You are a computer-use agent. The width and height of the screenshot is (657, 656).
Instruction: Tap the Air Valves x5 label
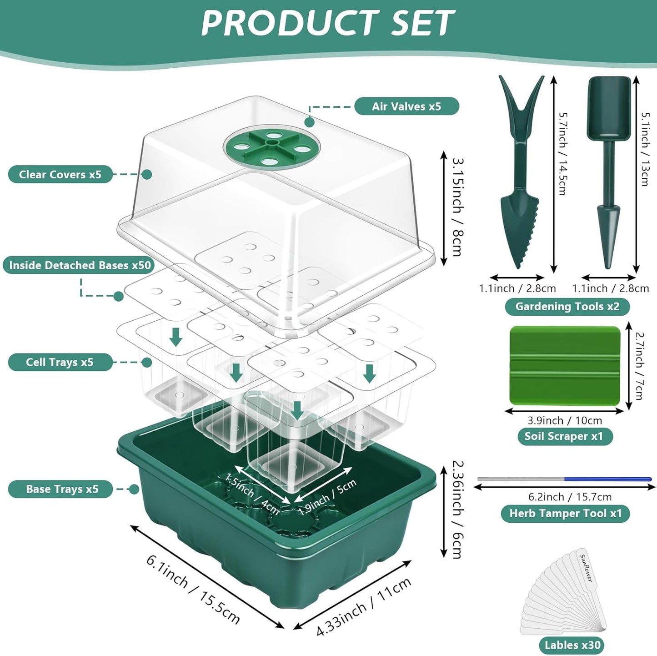pos(406,106)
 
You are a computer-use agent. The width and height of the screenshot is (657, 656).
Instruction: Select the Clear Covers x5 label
pos(60,174)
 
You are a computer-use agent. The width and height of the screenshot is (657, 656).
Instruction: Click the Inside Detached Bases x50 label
pos(80,265)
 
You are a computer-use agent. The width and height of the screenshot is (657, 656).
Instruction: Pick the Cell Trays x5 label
pos(60,362)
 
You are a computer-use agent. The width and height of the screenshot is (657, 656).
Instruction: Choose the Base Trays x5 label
pos(62,489)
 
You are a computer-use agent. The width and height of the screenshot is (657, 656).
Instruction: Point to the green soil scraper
pos(565,365)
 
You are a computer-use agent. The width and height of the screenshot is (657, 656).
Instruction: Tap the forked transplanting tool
pos(520,173)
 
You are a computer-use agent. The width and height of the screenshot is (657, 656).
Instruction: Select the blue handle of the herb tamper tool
pos(607,479)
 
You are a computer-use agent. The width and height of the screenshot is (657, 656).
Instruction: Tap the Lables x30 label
pos(572,645)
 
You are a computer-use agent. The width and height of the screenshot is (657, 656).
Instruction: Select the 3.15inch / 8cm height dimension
pos(458,207)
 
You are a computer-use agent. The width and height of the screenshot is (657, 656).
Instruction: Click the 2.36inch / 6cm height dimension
pos(458,510)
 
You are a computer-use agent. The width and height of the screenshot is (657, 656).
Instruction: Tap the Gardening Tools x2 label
pos(567,307)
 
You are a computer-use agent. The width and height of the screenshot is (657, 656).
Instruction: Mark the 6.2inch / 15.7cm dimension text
pos(570,497)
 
